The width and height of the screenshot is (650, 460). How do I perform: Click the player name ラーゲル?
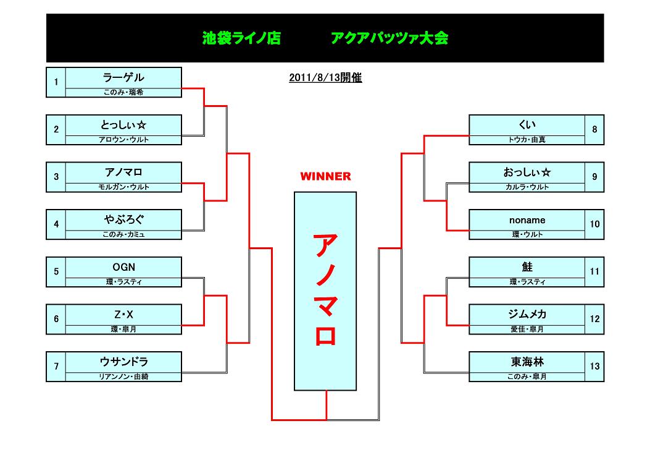(123, 78)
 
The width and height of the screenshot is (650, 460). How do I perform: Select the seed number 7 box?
(56, 367)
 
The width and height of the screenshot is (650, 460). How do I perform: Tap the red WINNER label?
(325, 177)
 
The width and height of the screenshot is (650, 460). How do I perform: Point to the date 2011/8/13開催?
(325, 79)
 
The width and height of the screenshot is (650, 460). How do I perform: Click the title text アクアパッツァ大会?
(390, 38)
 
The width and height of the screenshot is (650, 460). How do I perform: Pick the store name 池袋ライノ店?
(241, 38)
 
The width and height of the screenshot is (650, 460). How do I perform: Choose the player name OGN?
(123, 268)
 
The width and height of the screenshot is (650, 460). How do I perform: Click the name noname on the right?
(527, 220)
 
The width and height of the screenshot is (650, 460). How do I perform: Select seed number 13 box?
(594, 367)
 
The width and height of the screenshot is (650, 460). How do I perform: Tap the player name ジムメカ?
(527, 315)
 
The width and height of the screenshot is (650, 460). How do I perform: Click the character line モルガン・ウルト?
(123, 187)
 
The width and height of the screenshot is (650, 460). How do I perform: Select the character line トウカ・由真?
(527, 140)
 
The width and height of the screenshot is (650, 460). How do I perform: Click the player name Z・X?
(123, 315)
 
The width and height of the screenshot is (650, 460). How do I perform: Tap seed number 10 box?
(594, 224)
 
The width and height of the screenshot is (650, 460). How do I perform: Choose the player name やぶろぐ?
(123, 220)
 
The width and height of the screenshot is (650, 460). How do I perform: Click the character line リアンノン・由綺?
(123, 377)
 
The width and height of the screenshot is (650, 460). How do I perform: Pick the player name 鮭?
(527, 268)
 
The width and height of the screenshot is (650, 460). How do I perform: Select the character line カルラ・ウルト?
(527, 187)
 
